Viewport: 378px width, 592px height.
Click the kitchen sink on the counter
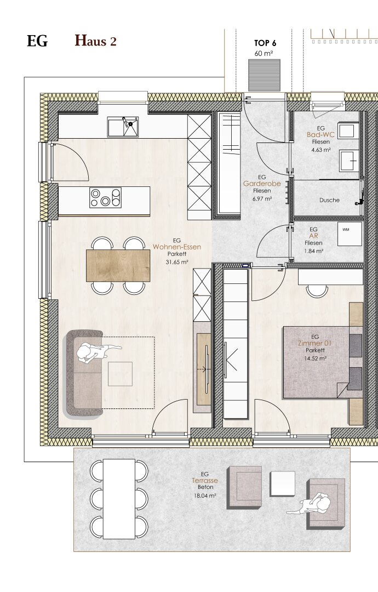[123, 127]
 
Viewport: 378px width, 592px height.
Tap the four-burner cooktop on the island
[105, 198]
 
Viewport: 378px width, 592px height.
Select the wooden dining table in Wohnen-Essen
[118, 265]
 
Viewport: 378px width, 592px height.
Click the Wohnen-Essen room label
[176, 247]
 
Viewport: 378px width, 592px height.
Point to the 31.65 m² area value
[177, 261]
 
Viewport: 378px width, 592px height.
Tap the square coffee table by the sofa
[120, 374]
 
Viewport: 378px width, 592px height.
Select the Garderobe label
[262, 184]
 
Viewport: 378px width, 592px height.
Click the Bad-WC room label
[320, 135]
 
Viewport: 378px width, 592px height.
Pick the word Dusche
[329, 200]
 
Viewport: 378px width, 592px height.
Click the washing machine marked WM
[350, 234]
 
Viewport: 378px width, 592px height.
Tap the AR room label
[313, 236]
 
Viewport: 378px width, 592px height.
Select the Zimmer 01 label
[315, 343]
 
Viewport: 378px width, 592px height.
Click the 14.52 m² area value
[315, 358]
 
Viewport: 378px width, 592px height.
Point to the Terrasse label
[205, 481]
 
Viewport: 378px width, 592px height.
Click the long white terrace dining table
[119, 499]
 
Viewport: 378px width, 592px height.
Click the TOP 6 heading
[265, 43]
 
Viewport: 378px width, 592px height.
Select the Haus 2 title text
[95, 41]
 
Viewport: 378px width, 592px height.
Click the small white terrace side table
[282, 484]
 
